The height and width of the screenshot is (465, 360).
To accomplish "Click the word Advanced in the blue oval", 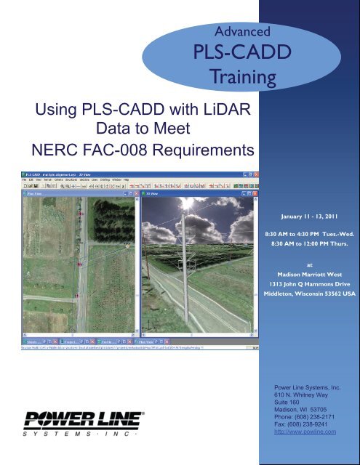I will pos(239,31).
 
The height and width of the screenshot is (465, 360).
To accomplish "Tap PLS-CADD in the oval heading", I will pos(239,54).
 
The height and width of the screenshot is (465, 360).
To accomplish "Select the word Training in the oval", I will pos(239,76).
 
